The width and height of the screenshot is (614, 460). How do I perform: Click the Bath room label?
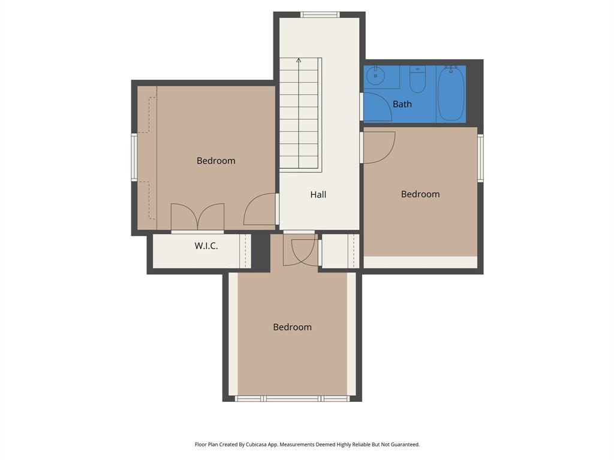[x=402, y=104]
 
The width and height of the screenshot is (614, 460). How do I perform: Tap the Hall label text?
[x=318, y=195]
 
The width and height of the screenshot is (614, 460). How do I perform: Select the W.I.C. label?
[x=206, y=246]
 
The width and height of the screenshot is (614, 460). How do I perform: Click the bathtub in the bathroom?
[x=451, y=93]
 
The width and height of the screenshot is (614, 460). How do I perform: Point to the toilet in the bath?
[x=417, y=80]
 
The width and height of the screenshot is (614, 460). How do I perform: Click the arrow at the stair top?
[x=299, y=60]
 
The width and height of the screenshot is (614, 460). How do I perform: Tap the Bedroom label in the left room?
[x=216, y=161]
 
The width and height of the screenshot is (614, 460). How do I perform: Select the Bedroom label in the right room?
[x=420, y=194]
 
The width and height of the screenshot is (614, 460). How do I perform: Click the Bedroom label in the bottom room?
[x=292, y=327]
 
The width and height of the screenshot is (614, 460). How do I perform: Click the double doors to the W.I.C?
[x=197, y=217]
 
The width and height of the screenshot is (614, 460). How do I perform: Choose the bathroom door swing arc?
[x=378, y=106]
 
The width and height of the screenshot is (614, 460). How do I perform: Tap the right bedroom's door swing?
[x=380, y=147]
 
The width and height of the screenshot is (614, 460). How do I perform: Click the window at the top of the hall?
[x=320, y=15]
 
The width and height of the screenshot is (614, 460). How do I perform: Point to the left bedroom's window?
[x=134, y=157]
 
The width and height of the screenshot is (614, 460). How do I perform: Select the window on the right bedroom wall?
[x=480, y=158]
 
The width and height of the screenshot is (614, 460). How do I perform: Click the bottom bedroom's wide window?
[x=292, y=398]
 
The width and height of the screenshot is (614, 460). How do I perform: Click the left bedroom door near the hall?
[x=260, y=210]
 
